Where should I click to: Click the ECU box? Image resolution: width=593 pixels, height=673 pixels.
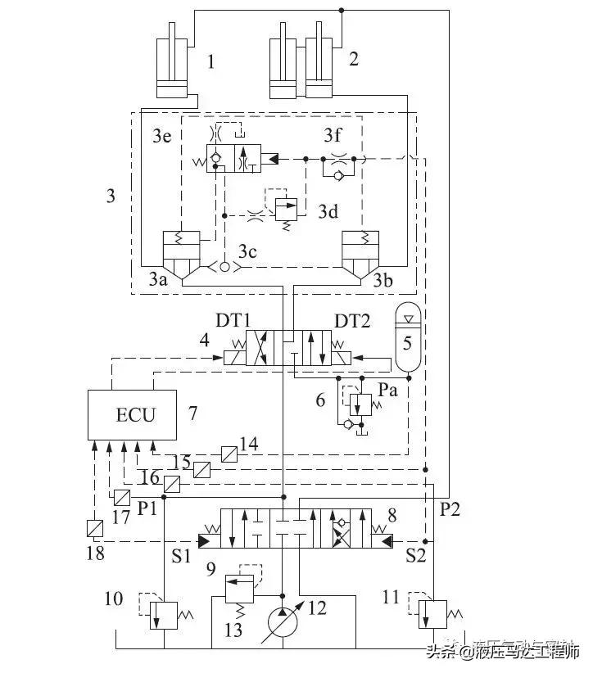[x=134, y=414]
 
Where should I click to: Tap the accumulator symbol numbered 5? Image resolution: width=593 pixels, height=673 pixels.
[x=406, y=335]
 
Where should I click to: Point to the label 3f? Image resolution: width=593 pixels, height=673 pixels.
[x=332, y=135]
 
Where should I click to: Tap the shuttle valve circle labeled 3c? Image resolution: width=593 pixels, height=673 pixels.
[x=225, y=267]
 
